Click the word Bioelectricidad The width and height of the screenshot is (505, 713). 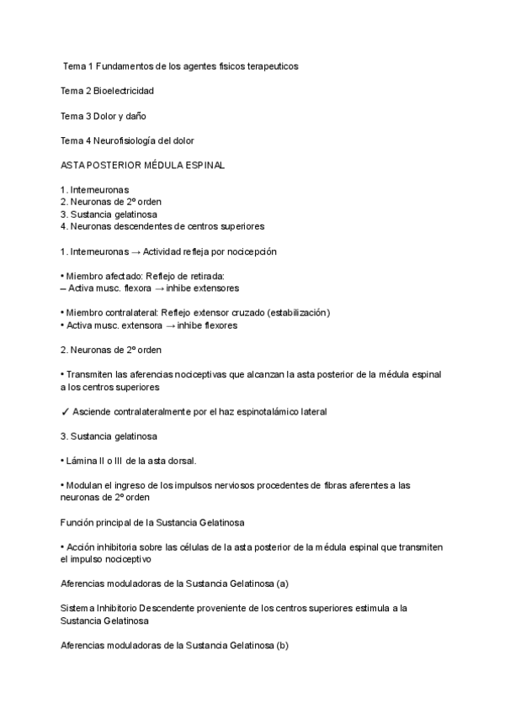point(124,90)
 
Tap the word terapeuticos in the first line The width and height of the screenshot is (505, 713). point(269,65)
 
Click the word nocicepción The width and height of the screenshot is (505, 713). point(248,251)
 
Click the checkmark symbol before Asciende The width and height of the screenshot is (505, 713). point(66,412)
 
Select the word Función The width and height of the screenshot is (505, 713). point(79,522)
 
